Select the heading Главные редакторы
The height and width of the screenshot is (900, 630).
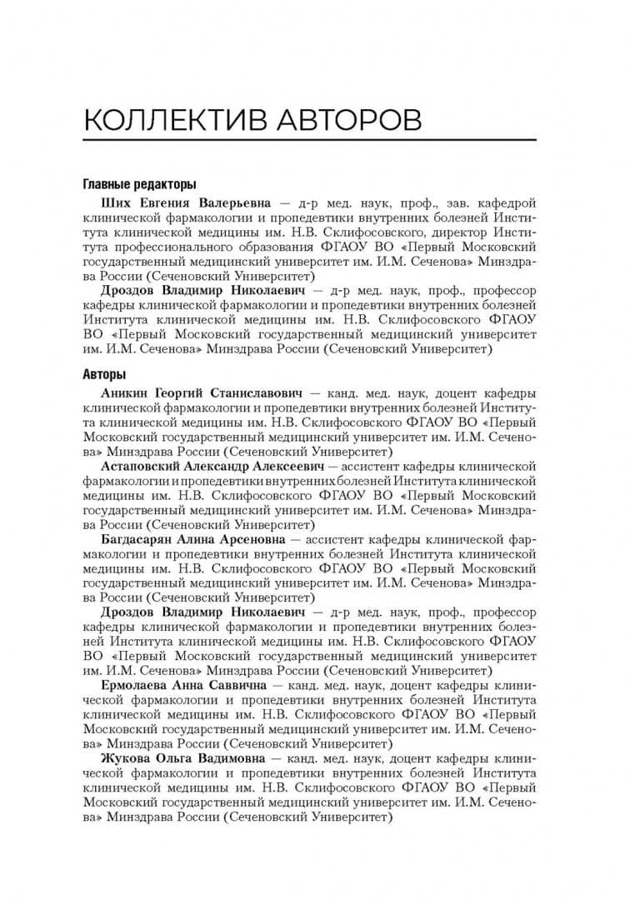coord(140,184)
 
